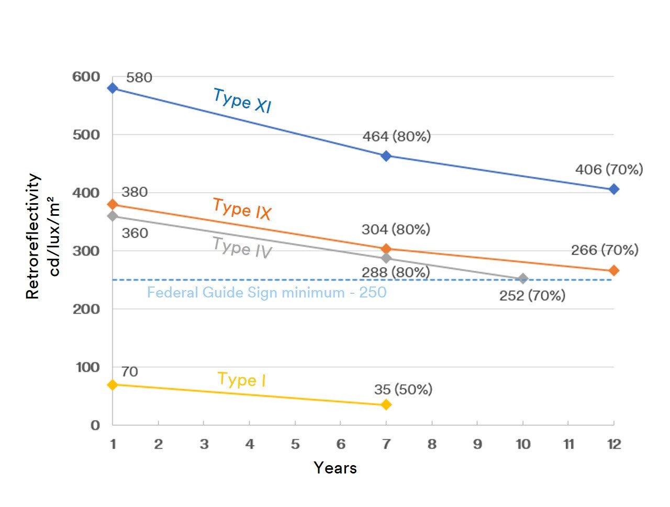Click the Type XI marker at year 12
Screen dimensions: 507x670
click(614, 189)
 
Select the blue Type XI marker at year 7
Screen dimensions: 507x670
click(386, 156)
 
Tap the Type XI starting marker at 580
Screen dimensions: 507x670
click(113, 88)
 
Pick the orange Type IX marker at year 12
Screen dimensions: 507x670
click(614, 270)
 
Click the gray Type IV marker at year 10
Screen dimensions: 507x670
click(523, 279)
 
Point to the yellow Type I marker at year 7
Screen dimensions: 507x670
click(386, 404)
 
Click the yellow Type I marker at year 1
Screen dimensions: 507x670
click(113, 384)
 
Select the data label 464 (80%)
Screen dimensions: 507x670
click(397, 136)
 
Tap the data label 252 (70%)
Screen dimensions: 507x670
click(532, 296)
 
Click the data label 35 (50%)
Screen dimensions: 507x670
click(403, 389)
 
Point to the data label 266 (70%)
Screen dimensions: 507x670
click(605, 250)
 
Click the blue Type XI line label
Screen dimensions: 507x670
click(242, 101)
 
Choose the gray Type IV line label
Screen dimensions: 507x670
click(242, 247)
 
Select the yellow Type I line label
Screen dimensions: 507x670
click(241, 379)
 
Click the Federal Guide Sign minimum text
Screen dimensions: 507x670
click(266, 292)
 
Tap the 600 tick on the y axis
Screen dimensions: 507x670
click(86, 77)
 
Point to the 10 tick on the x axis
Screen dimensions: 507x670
click(523, 444)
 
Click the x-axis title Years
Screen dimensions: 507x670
click(335, 468)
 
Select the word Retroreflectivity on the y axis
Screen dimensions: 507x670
click(32, 236)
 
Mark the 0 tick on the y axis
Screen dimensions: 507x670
click(95, 425)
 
